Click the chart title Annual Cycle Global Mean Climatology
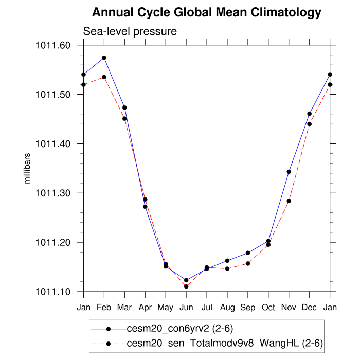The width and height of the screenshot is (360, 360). pyautogui.click(x=207, y=12)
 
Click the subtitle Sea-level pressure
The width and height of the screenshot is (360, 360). pyautogui.click(x=130, y=31)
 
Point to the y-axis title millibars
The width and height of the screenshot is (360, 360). pyautogui.click(x=28, y=168)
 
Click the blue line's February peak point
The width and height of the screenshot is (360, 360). pyautogui.click(x=104, y=58)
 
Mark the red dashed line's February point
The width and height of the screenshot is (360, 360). pyautogui.click(x=104, y=77)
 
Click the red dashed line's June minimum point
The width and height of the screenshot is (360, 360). pyautogui.click(x=186, y=286)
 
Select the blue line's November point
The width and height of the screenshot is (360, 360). pyautogui.click(x=289, y=172)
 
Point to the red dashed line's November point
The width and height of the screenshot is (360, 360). pyautogui.click(x=289, y=201)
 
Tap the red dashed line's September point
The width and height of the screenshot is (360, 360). pyautogui.click(x=248, y=263)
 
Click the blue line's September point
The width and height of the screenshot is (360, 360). pyautogui.click(x=248, y=253)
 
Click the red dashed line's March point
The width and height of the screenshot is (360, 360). pyautogui.click(x=125, y=119)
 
